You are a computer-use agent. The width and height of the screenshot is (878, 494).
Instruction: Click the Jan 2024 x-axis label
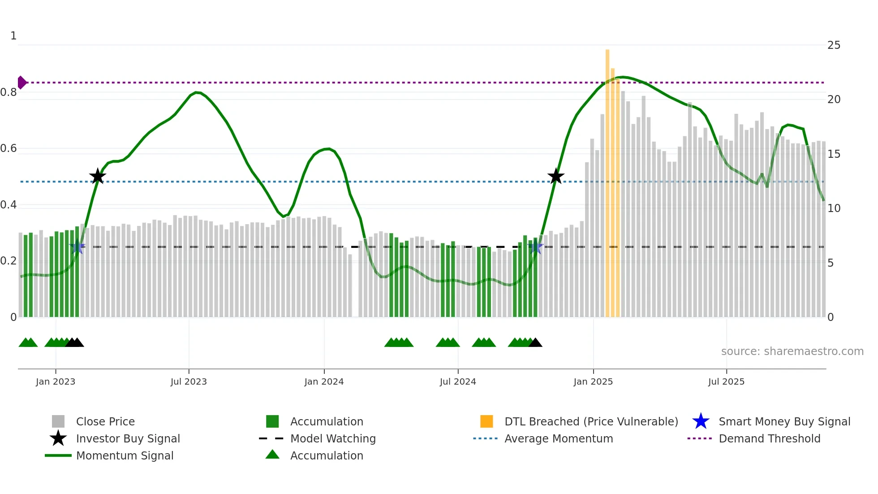(324, 381)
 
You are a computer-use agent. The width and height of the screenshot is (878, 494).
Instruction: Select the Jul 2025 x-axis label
(726, 381)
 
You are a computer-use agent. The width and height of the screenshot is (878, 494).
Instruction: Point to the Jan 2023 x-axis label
(56, 381)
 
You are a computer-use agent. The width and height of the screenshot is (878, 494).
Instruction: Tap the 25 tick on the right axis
(834, 45)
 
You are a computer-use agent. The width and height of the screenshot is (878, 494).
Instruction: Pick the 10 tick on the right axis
(834, 208)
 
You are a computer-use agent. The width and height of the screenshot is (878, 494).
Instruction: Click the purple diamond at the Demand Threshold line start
(22, 82)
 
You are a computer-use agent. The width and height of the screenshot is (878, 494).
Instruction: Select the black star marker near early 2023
(98, 176)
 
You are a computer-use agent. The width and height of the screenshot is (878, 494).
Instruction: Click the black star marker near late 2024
(555, 176)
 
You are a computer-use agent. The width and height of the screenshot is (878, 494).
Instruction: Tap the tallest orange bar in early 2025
(607, 179)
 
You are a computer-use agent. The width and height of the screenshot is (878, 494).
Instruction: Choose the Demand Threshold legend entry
(769, 438)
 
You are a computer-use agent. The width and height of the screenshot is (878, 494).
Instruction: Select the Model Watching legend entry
(332, 438)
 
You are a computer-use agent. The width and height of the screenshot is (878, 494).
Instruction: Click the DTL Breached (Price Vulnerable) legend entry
(591, 421)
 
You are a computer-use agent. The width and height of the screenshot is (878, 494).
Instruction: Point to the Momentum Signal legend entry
(125, 455)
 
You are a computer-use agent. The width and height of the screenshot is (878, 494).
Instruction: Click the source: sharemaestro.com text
(792, 351)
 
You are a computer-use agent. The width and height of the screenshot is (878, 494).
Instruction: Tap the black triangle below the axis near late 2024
(535, 343)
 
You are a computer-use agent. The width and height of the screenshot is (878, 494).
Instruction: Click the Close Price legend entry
(105, 421)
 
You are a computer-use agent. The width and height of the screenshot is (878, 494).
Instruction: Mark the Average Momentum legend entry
(558, 438)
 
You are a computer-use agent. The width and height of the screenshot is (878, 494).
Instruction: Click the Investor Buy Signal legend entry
(128, 438)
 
